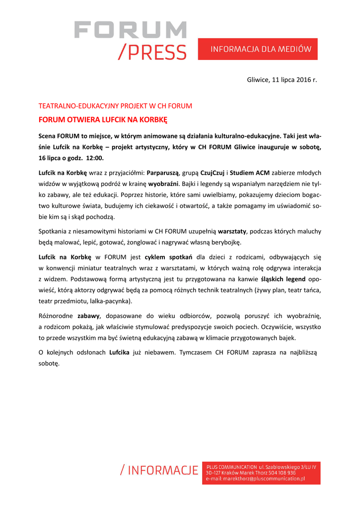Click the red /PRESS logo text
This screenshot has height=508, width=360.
point(152,52)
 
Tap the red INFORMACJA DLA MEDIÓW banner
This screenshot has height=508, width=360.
point(258,49)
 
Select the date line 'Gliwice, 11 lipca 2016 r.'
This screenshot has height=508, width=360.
point(282,80)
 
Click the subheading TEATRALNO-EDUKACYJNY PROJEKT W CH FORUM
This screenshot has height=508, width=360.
point(115,106)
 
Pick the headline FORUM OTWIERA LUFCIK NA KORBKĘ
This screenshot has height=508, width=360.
point(103,120)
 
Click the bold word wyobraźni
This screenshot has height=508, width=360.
point(164,184)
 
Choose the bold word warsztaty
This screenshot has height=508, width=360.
point(232,231)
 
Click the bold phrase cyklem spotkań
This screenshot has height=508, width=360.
point(168,257)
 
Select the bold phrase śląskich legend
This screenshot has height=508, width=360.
point(285,279)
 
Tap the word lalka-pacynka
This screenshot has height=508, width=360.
point(109,301)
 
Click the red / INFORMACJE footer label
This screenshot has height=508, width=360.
point(159,471)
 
